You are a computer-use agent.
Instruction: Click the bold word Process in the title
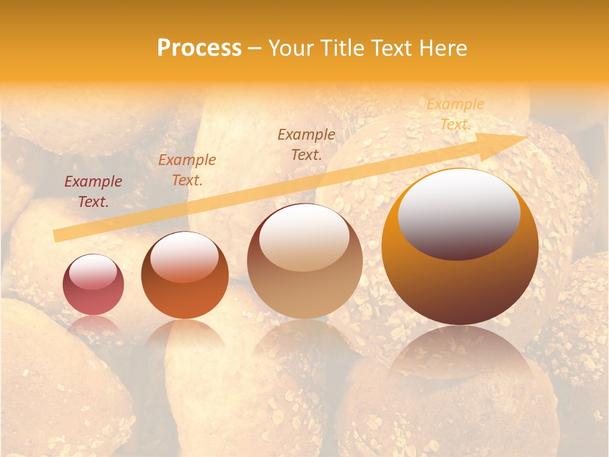point(199,48)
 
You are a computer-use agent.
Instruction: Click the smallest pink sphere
point(93,284)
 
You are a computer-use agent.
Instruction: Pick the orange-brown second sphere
point(185,275)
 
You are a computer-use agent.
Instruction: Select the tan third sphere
point(304,262)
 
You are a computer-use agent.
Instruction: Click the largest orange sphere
point(460,248)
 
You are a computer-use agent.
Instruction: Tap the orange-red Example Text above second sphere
point(187,170)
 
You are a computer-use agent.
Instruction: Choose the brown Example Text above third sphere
point(306,145)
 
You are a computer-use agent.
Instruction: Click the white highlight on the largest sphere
point(459,213)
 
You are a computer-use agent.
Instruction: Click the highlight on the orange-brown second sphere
point(184,256)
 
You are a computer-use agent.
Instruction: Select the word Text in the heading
point(390,48)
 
